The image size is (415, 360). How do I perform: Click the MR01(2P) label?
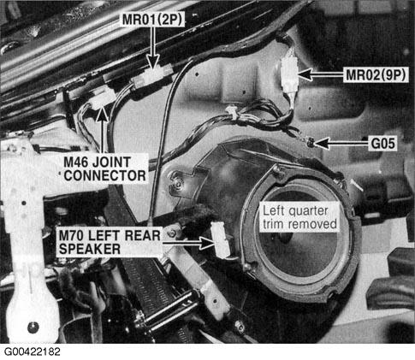point(152,20)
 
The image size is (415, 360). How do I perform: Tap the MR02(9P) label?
point(376,75)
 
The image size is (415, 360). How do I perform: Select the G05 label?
point(383,144)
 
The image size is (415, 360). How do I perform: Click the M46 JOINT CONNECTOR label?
point(104,169)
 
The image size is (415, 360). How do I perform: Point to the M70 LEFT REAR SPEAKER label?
point(110,242)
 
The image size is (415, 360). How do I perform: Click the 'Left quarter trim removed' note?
point(299,217)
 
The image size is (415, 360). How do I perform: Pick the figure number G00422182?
point(32,351)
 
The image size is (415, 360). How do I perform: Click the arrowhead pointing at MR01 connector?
point(153,62)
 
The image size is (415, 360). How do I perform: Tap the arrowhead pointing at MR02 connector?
point(305,75)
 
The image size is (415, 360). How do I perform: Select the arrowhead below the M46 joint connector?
point(103,115)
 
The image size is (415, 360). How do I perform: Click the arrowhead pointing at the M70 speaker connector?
point(207,243)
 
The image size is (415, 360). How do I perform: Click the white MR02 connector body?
point(289,74)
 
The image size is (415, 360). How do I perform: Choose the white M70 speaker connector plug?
point(220,239)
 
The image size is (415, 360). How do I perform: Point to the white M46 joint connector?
point(100,100)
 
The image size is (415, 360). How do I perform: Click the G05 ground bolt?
point(310,141)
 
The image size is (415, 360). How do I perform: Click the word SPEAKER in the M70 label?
point(90,249)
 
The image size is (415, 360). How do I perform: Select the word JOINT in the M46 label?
point(112,162)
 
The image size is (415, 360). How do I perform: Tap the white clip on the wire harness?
point(232,112)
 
